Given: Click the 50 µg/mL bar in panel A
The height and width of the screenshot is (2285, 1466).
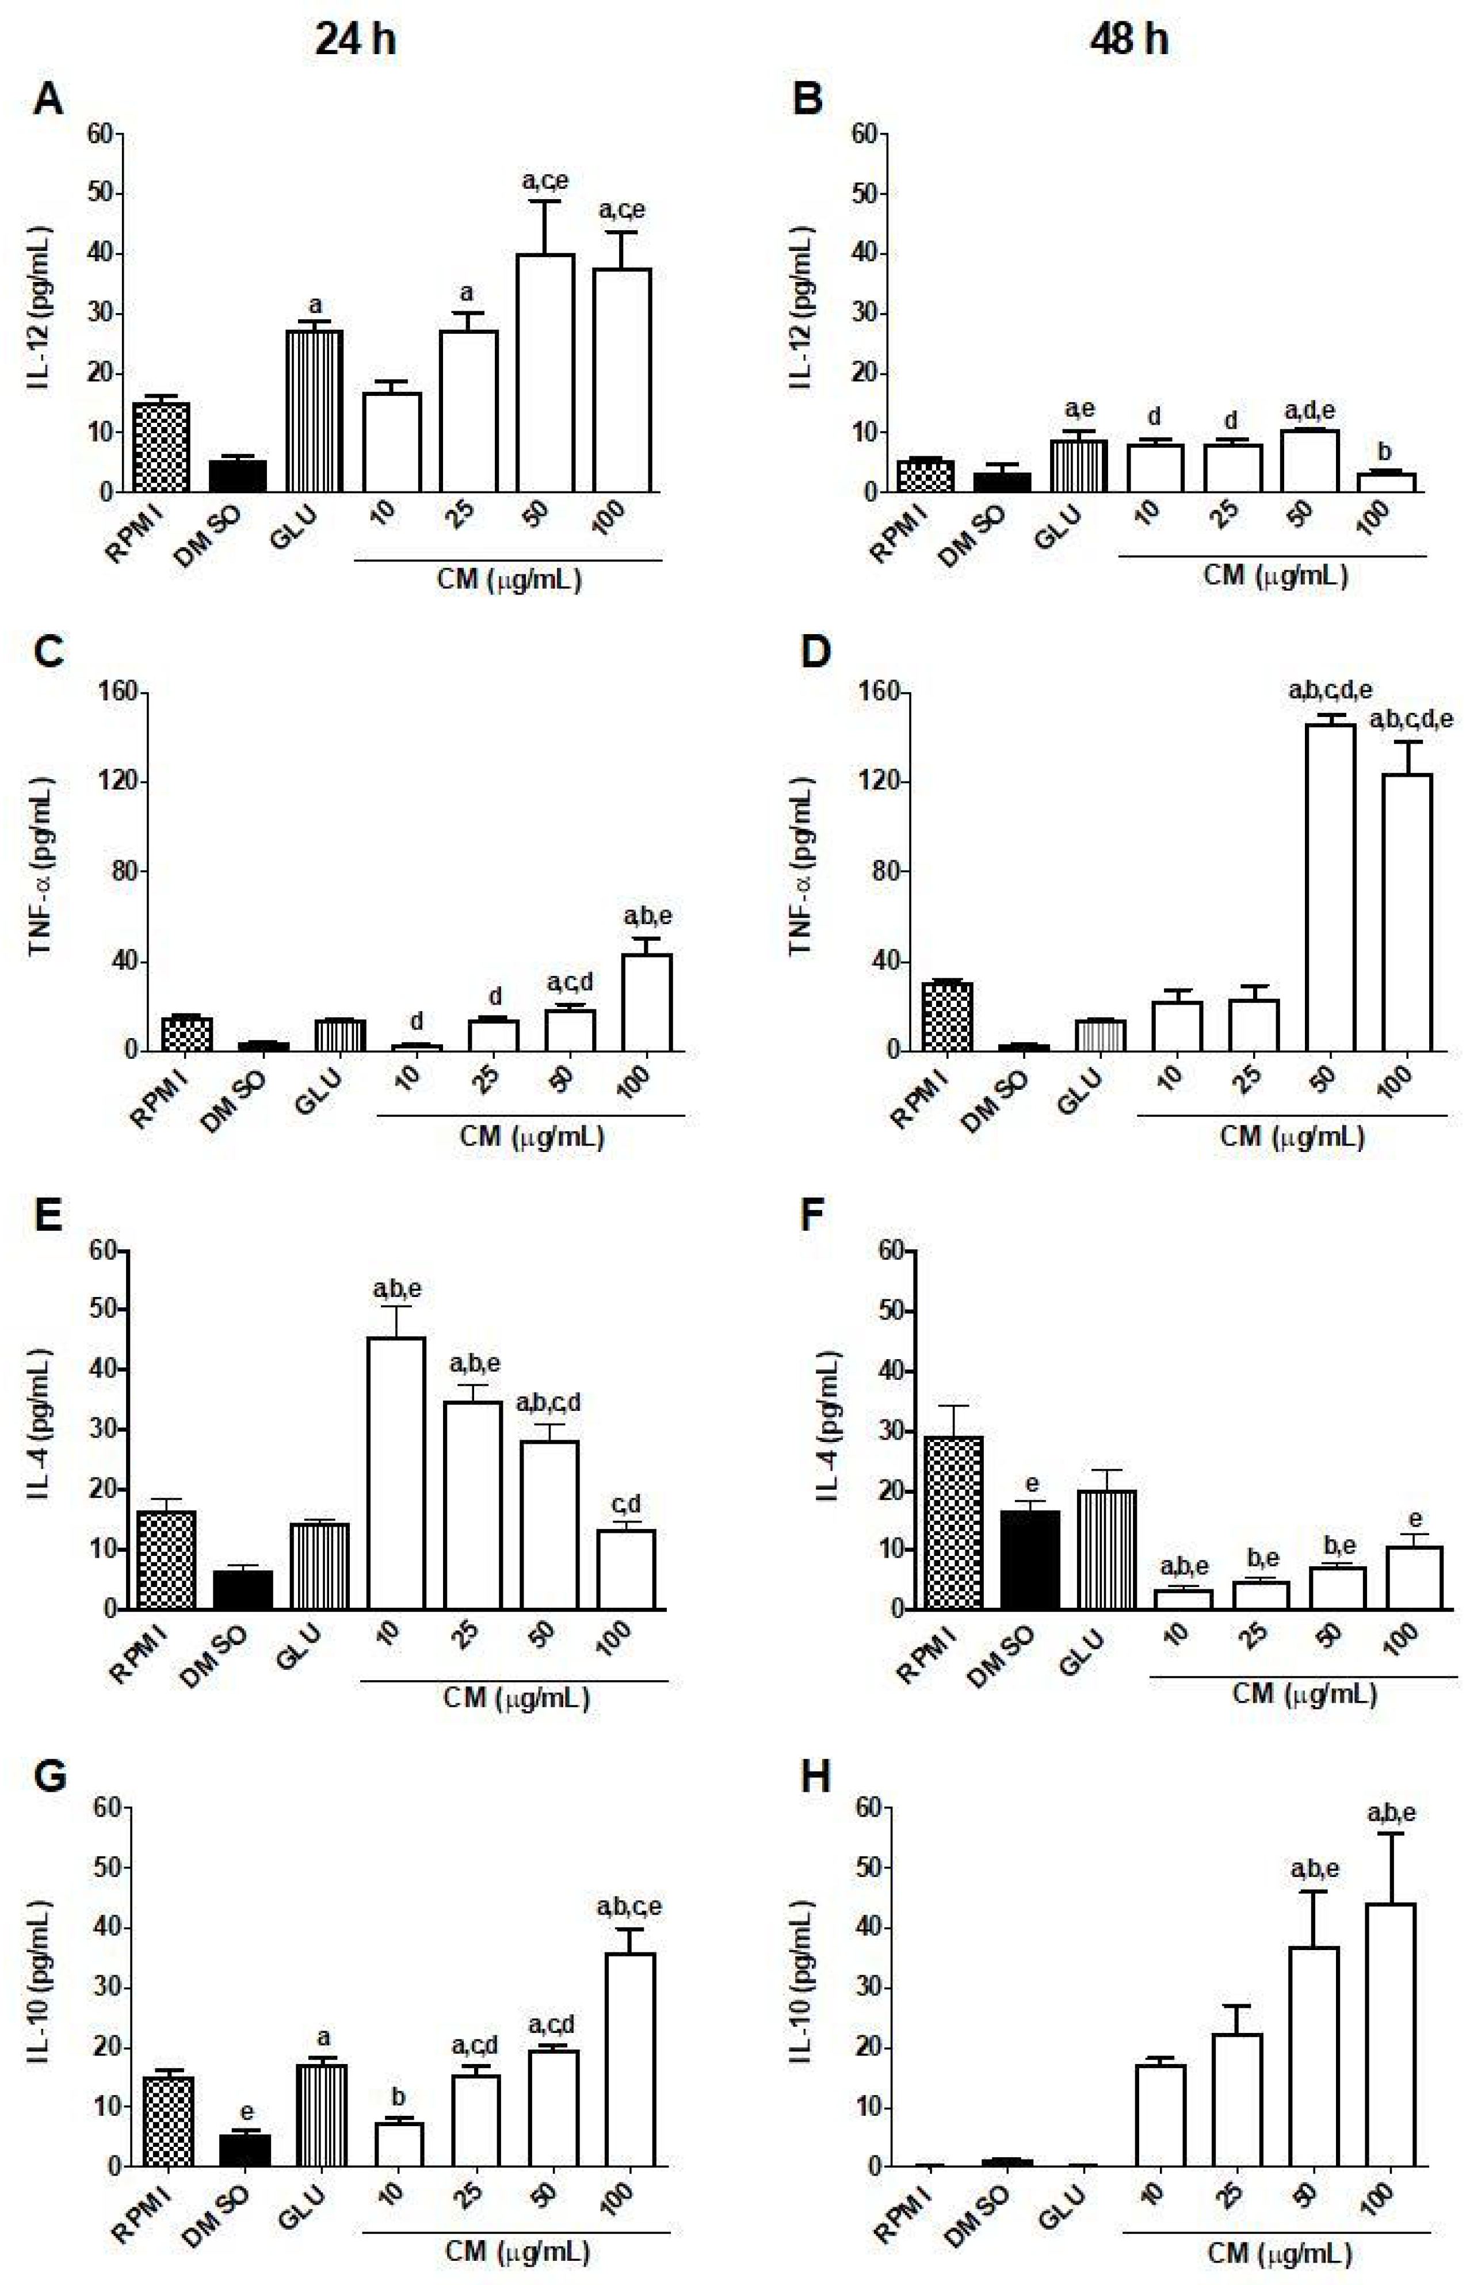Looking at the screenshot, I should tap(545, 373).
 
